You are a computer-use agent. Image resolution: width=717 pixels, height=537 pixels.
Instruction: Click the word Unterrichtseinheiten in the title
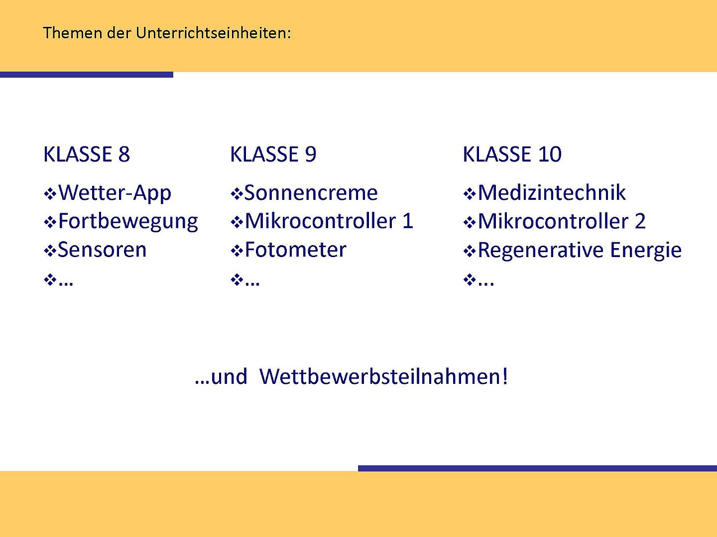pos(213,33)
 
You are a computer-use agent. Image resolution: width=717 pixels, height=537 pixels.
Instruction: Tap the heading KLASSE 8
pos(87,154)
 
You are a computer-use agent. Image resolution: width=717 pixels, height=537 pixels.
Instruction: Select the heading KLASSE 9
pos(273,154)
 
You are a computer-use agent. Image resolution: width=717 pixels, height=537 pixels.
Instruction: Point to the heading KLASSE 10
pos(512,154)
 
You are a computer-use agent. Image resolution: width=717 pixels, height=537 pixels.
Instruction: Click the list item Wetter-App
pos(115,193)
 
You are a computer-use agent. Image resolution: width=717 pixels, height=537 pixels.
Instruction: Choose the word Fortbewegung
pos(128,222)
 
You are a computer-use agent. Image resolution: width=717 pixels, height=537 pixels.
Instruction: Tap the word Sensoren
pos(102,250)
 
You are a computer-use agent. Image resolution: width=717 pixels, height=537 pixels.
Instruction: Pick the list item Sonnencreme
pos(311,193)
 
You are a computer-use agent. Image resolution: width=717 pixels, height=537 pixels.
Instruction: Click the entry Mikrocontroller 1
pos(329,221)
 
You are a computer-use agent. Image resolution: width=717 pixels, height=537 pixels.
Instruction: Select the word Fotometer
pos(296,250)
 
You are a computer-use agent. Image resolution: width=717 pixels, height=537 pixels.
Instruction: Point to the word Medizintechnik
pos(552,192)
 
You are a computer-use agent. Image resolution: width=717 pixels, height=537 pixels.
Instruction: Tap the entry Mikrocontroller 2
pos(562,221)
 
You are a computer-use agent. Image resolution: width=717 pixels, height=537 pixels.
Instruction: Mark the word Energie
pos(646,251)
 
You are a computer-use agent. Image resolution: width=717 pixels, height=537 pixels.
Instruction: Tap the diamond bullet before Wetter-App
pos(50,194)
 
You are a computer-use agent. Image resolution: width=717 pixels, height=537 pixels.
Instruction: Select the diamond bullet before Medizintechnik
pos(470,194)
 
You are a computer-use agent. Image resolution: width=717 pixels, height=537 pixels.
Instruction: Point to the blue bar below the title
pos(87,75)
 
